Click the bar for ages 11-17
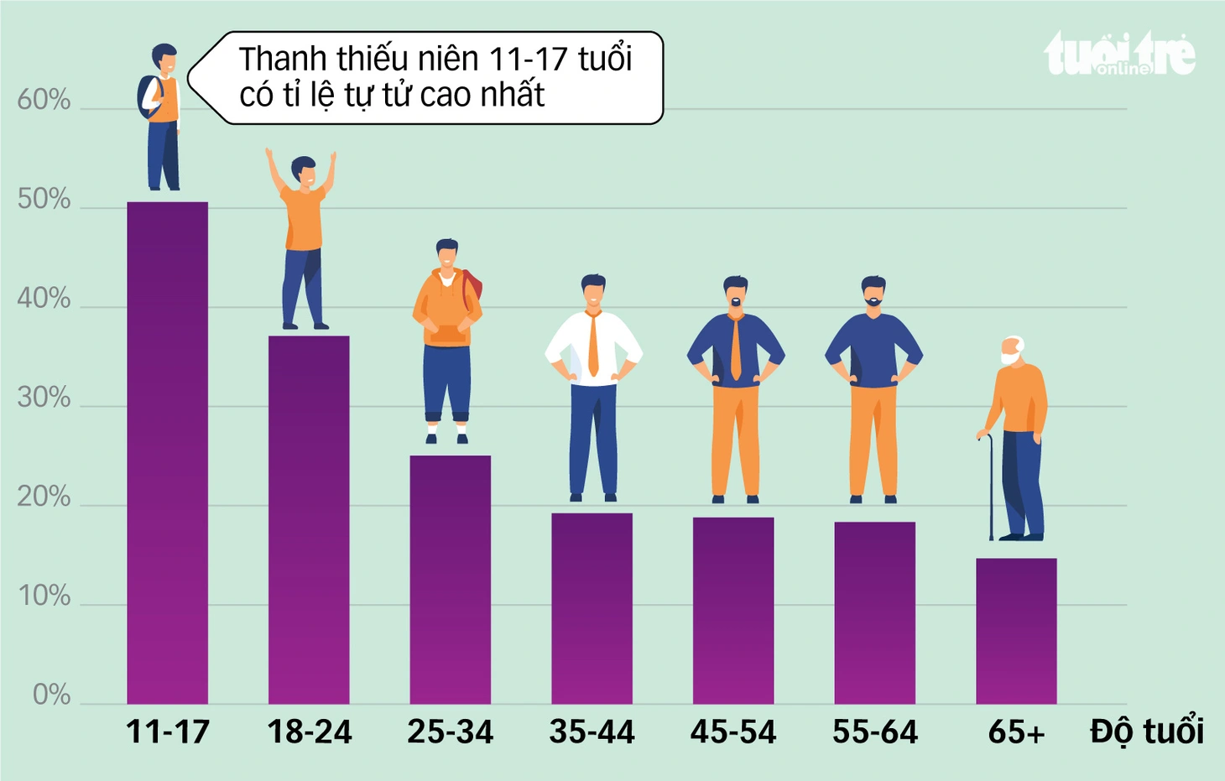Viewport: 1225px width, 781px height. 167,453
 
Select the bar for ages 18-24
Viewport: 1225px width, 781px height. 309,520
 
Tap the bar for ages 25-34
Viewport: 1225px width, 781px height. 450,580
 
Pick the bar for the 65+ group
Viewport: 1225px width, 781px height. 1017,631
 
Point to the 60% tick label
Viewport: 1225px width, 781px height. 44,100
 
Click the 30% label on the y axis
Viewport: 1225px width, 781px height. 44,398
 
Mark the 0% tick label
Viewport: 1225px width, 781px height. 51,695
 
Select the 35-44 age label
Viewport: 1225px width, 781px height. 592,732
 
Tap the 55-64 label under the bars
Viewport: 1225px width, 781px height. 875,732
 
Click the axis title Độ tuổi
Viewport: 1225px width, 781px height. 1147,731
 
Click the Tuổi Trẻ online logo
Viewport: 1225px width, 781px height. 1119,53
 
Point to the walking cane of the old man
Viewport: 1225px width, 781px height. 990,487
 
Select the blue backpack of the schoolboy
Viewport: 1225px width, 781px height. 149,97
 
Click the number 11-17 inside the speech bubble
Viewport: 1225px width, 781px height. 528,59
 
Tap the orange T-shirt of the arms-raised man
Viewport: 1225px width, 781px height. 305,217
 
